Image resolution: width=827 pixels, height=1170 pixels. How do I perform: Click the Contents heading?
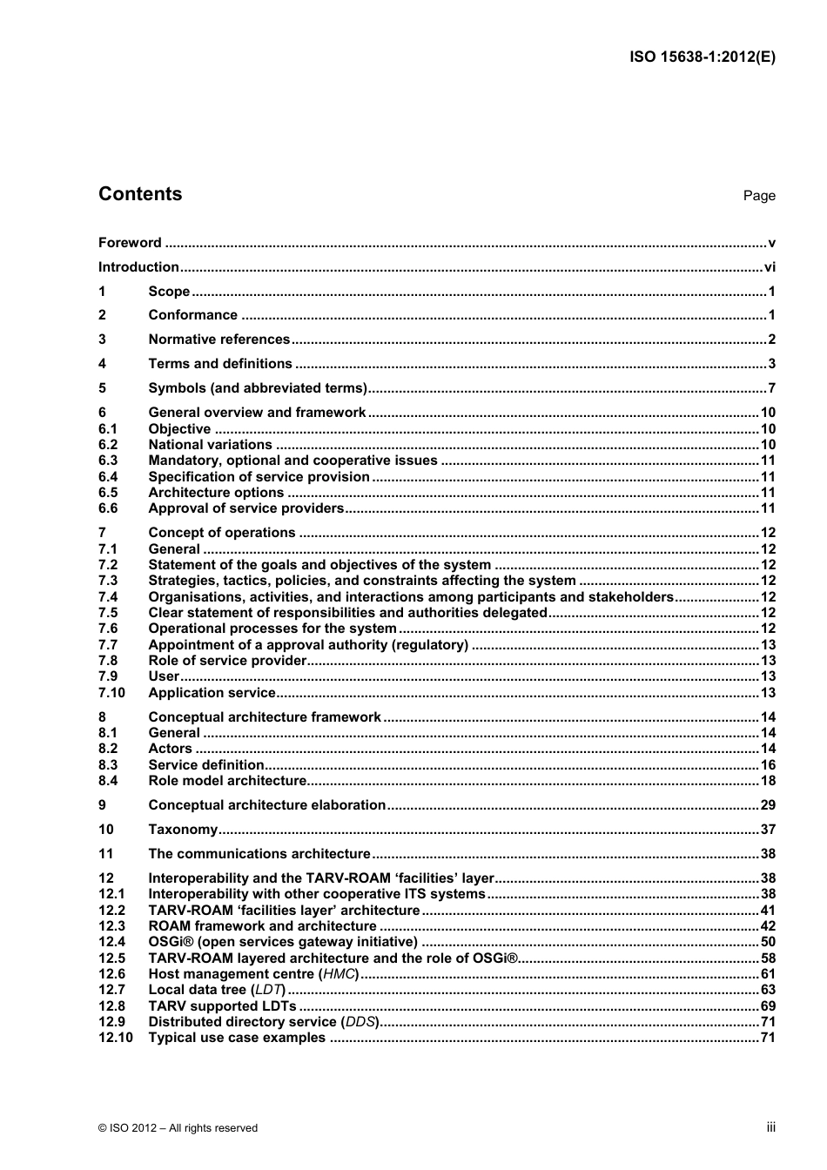[x=140, y=194]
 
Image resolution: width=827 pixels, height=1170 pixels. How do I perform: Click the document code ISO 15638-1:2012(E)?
[x=702, y=57]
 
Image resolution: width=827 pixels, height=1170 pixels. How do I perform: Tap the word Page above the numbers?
[x=758, y=196]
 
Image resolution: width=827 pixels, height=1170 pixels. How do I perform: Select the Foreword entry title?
[x=130, y=243]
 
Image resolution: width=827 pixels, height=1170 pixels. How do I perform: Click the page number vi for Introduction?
[x=769, y=267]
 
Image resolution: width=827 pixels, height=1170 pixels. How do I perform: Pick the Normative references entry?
[x=219, y=340]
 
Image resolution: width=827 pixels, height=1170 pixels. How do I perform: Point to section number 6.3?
[x=108, y=461]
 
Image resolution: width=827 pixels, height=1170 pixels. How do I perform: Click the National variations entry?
[x=210, y=445]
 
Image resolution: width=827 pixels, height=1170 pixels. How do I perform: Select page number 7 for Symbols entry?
[x=770, y=388]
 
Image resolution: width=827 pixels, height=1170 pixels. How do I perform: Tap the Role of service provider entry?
[x=227, y=661]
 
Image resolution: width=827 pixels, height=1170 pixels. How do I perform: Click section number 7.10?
[x=111, y=693]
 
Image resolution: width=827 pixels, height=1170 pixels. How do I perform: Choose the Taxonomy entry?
[x=182, y=830]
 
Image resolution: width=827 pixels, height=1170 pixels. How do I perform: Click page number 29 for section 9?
[x=767, y=805]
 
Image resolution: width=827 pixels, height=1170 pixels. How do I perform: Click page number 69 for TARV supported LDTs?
[x=767, y=1006]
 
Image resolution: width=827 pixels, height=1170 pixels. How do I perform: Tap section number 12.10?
[x=115, y=1038]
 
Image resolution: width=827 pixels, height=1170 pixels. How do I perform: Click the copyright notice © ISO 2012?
[x=178, y=1128]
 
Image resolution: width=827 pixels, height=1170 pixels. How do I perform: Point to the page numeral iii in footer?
[x=770, y=1127]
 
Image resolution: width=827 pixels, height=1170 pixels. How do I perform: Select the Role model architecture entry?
[x=226, y=781]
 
